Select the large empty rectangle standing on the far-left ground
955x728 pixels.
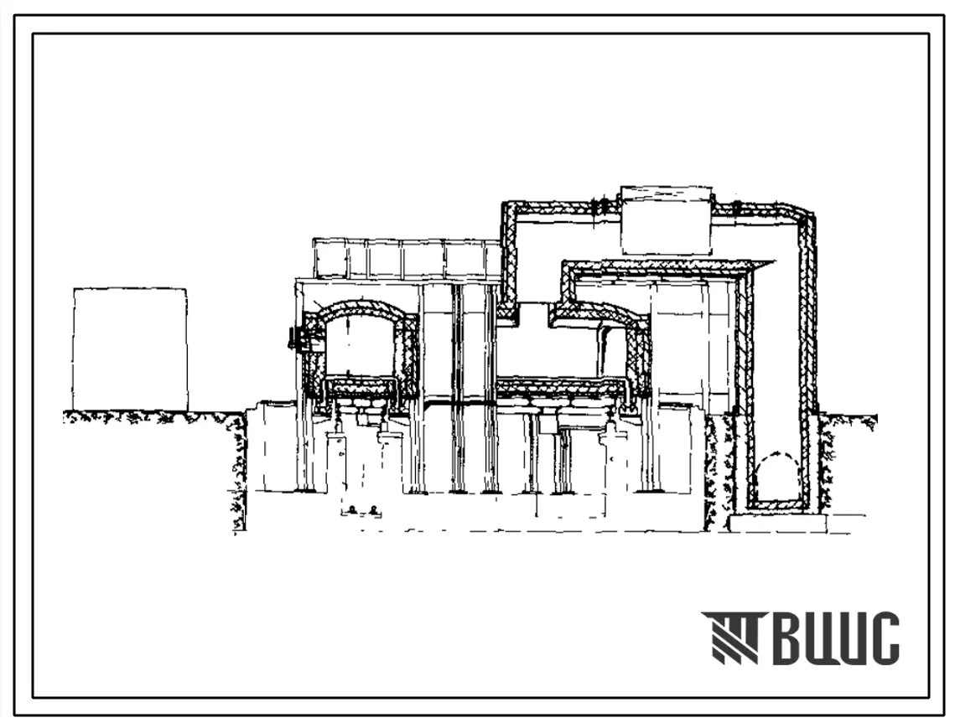130,349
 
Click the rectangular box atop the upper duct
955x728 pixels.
666,220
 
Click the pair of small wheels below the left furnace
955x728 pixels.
364,510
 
